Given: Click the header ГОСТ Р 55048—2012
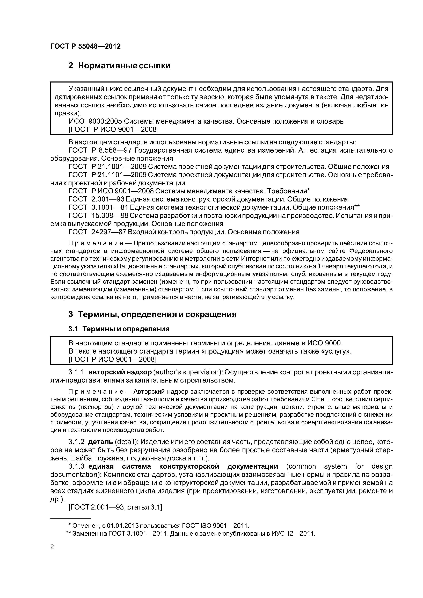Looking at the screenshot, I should tap(85, 46).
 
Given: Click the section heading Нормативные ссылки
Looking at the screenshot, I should tap(119, 66).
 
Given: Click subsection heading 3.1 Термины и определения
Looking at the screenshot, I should tap(119, 329).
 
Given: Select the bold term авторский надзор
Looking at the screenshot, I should tap(120, 372).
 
